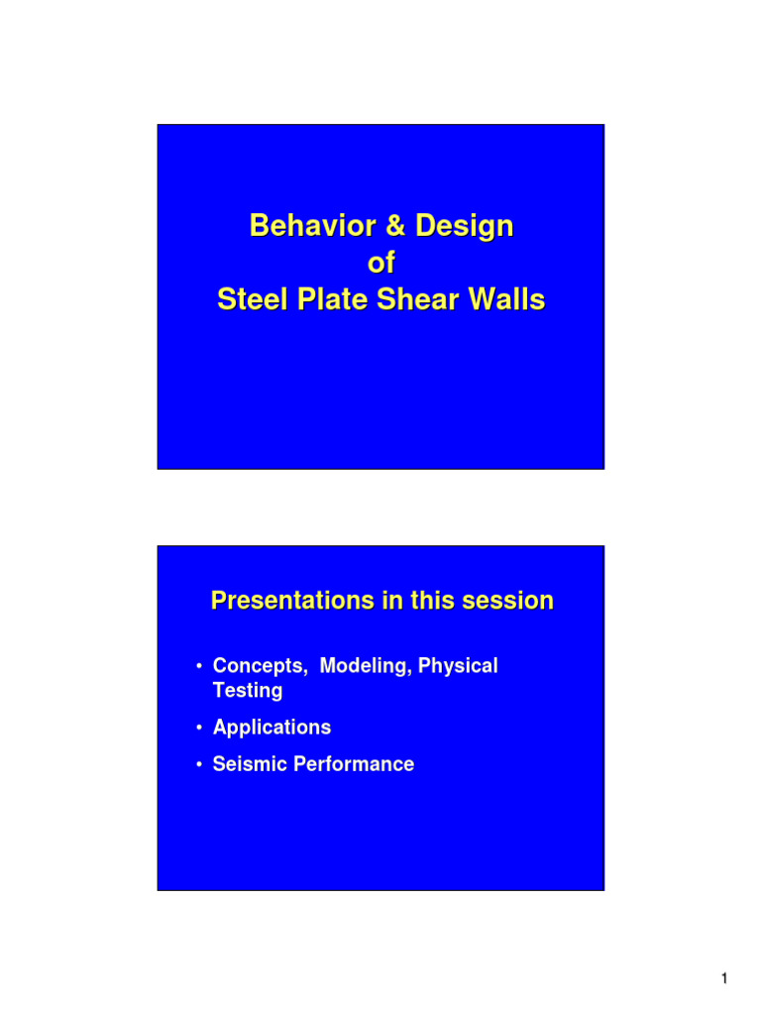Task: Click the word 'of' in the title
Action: click(380, 264)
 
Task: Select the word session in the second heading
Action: click(507, 601)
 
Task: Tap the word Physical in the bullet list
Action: click(458, 666)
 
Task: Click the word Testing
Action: click(248, 691)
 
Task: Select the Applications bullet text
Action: click(272, 728)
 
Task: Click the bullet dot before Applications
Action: click(200, 729)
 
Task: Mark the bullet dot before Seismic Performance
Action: click(200, 765)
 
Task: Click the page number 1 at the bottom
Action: click(724, 979)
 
